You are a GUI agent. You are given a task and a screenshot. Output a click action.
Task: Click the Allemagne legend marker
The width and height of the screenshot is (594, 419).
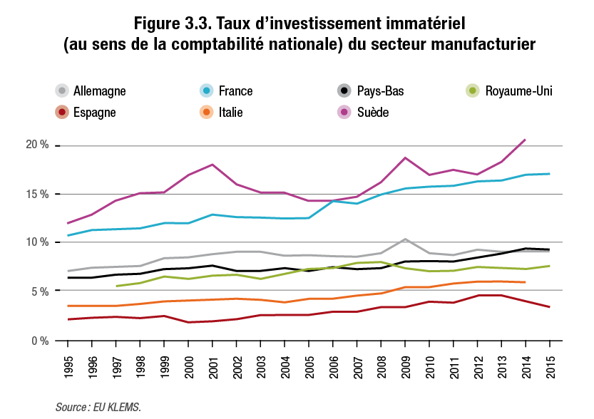pos(63,90)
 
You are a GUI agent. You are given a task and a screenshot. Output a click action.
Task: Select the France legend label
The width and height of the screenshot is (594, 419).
pos(235,90)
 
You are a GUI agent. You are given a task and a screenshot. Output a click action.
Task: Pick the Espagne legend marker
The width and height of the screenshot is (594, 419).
pos(63,112)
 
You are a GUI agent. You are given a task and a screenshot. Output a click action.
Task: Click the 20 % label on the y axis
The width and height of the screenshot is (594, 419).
pos(37,145)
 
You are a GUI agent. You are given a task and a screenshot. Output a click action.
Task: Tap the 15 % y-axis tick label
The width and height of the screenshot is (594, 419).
pos(37,194)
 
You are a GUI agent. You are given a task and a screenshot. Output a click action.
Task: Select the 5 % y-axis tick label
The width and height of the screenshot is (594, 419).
pos(39,291)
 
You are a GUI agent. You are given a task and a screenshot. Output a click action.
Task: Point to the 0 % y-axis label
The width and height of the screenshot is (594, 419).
pos(39,340)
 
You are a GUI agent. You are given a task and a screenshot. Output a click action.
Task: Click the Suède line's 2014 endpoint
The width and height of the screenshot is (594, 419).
pos(526,139)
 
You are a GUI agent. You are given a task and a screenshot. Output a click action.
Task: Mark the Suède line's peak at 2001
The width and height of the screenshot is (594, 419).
pos(213,165)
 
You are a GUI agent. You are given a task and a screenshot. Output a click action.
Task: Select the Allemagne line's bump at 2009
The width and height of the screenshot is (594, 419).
pos(405,239)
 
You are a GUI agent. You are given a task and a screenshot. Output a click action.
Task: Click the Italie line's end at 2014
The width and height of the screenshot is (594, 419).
pos(526,282)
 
